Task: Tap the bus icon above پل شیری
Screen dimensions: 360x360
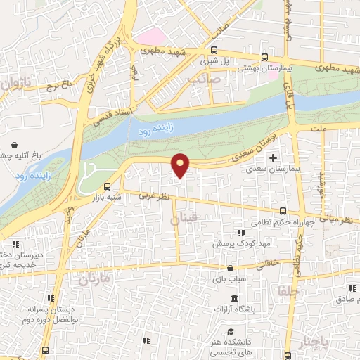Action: [215, 50]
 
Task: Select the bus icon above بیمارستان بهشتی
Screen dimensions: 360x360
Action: [264, 58]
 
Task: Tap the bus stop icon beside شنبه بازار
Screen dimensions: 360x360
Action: [107, 186]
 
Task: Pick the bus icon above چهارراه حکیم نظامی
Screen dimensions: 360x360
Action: [283, 210]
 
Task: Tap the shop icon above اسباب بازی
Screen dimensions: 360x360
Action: [229, 268]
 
